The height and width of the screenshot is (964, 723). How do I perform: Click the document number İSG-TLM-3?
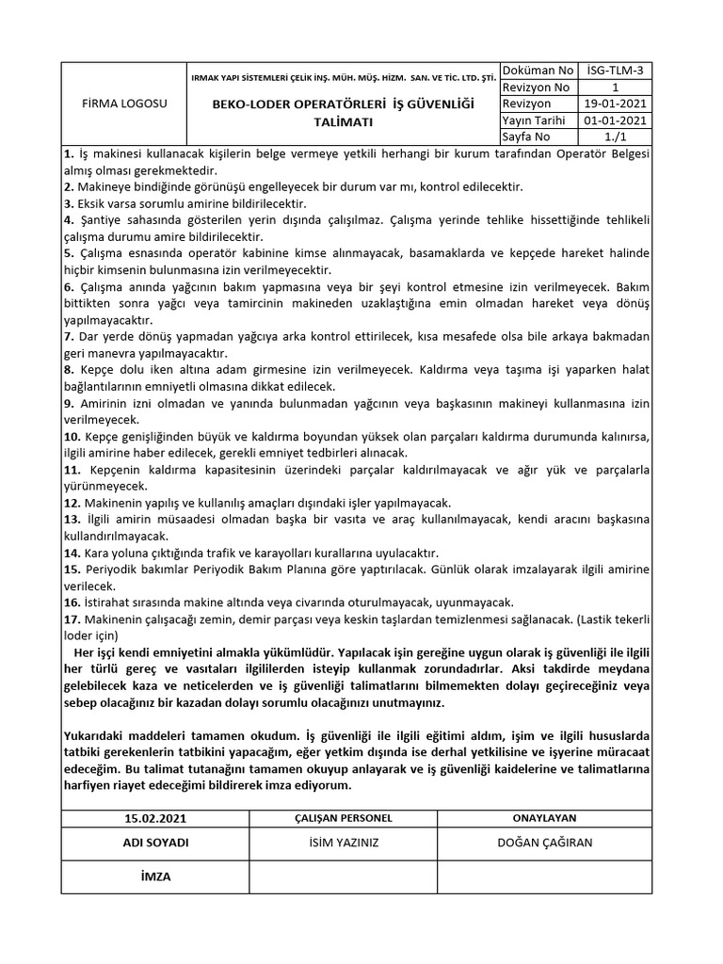[615, 71]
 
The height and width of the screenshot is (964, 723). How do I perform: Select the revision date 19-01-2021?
[615, 104]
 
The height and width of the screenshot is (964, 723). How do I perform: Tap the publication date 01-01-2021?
[615, 120]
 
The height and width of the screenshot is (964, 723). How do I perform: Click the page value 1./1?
[615, 137]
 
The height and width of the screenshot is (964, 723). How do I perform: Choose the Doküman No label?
[538, 71]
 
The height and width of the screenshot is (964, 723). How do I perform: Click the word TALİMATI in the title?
[344, 122]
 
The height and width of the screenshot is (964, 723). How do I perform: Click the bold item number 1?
[68, 153]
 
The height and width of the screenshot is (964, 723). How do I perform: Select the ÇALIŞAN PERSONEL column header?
[344, 818]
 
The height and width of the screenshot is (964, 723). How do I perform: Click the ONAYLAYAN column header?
[544, 818]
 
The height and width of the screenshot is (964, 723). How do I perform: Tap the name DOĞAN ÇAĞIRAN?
[544, 843]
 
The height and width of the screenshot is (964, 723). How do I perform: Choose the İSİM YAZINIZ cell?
[344, 843]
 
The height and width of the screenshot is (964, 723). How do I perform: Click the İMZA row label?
[155, 876]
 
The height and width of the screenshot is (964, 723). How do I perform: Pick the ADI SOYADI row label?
[156, 843]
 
